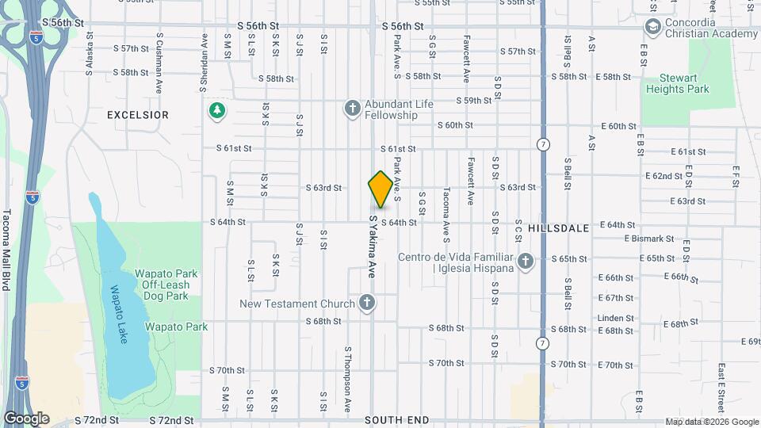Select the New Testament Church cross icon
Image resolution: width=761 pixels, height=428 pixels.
click(366, 302)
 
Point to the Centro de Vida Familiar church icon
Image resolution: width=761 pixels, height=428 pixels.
click(525, 261)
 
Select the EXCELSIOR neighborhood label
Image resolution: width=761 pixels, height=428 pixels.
click(138, 115)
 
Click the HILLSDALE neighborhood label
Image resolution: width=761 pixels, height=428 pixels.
click(558, 227)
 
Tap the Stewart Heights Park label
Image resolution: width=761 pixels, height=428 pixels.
click(685, 84)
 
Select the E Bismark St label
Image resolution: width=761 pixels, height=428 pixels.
click(648, 238)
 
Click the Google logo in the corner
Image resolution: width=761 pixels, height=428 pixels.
click(26, 418)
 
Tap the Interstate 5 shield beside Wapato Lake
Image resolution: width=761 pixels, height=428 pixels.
click(33, 196)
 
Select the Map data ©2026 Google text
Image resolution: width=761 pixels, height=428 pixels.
click(711, 422)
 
